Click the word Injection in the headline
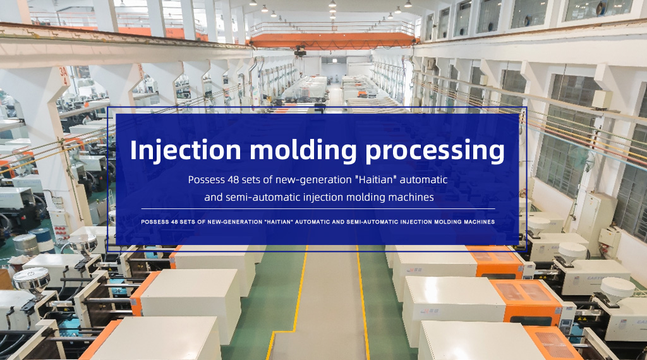[x=186, y=150]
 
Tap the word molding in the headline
[x=303, y=150]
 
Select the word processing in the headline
[x=435, y=151]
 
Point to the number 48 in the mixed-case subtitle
[x=233, y=180]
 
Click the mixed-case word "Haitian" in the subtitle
[x=378, y=180]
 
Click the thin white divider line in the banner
[x=318, y=209]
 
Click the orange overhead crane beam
[x=332, y=41]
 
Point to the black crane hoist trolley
[x=300, y=51]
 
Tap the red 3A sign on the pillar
[x=64, y=76]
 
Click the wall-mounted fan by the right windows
[x=583, y=159]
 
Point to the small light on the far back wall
[x=335, y=61]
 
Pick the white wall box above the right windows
[x=602, y=99]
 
